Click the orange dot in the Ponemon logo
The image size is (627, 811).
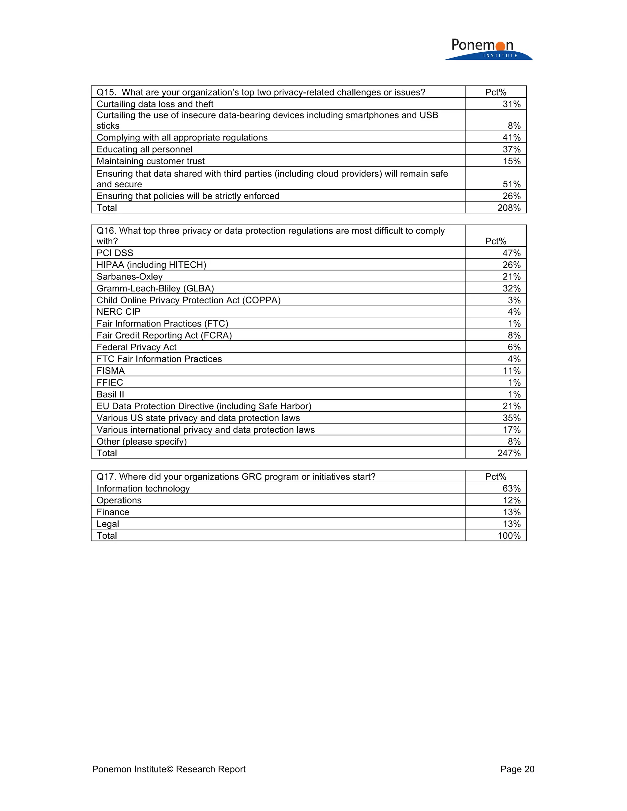click(500, 46)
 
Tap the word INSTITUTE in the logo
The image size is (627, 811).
click(500, 56)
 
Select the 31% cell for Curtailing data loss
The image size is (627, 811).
click(512, 104)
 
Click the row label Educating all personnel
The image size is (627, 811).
click(144, 149)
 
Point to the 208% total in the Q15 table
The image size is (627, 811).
click(509, 207)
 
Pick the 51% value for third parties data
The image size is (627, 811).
click(512, 184)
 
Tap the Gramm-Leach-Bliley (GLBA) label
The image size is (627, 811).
click(155, 288)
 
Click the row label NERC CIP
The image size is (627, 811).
click(118, 312)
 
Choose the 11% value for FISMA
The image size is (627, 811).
click(512, 371)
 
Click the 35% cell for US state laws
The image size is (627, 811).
click(512, 418)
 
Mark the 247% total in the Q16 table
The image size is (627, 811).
click(509, 453)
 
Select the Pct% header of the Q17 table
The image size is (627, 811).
click(496, 477)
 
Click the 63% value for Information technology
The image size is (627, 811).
click(512, 488)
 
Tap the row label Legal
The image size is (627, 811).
click(108, 524)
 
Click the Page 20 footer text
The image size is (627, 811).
click(517, 769)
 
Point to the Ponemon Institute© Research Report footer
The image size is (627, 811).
click(169, 769)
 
